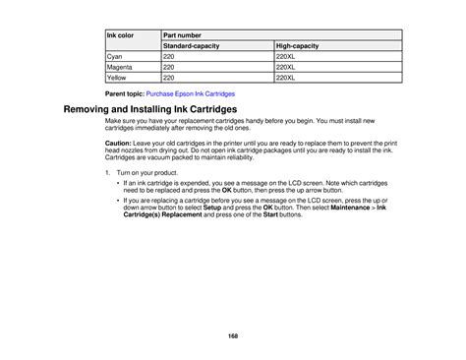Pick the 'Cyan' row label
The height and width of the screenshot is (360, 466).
115,57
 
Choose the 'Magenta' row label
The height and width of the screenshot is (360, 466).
119,67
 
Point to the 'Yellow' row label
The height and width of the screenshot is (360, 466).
117,77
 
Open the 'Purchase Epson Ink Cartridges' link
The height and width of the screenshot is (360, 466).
191,92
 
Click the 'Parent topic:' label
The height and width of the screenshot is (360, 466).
124,92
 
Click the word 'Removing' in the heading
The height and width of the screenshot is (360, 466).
95,108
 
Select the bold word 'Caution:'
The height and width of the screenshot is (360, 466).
119,142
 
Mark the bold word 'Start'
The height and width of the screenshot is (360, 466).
280,215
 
